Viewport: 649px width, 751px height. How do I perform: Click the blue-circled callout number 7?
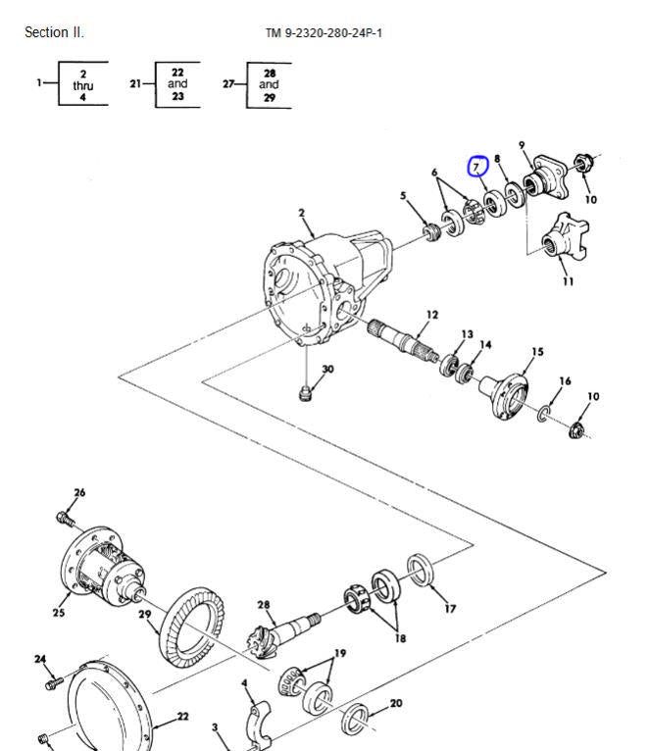coord(477,166)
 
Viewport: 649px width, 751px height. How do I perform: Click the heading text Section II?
coord(54,32)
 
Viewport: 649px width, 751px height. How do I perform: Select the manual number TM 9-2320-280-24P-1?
coord(324,33)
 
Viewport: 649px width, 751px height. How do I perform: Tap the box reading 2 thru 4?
coord(82,84)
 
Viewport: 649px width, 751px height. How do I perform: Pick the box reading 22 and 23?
coord(177,84)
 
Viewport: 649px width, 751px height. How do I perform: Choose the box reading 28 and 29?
coord(269,84)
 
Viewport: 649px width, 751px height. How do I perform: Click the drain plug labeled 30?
coord(305,393)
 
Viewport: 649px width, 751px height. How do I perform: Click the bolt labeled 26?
coord(65,516)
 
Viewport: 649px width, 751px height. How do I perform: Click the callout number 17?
coord(450,609)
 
